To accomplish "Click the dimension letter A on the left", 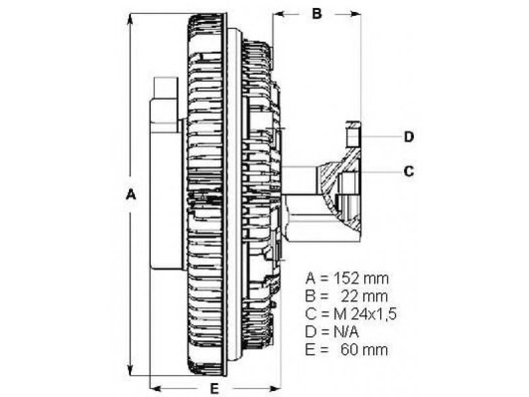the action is click(130, 195).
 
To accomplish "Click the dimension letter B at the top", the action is click(317, 13).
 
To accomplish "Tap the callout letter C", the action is click(409, 171).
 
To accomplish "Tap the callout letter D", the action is click(409, 137).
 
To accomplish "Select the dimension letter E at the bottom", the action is click(214, 389).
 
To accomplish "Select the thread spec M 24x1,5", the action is click(365, 314).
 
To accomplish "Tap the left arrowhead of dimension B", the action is click(278, 14).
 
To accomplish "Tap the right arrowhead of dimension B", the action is click(354, 14).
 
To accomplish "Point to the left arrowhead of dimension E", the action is click(156, 387).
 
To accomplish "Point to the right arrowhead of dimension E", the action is click(274, 387).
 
